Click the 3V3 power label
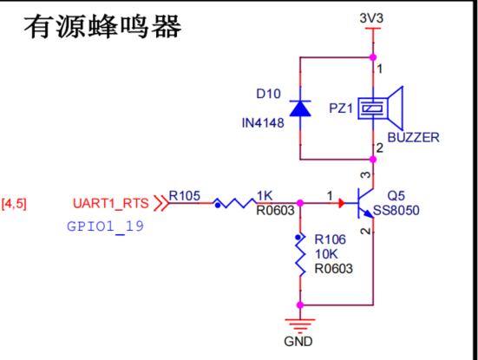[x=371, y=18]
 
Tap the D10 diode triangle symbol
[x=300, y=108]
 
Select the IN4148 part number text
[x=263, y=123]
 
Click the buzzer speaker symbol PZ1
[x=381, y=108]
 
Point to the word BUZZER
[x=414, y=137]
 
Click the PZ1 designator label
[x=341, y=108]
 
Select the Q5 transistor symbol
[x=365, y=203]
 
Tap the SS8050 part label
[x=396, y=210]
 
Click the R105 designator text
[x=185, y=196]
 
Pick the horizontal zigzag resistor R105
[x=235, y=203]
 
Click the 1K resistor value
[x=265, y=196]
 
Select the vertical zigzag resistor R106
[x=300, y=254]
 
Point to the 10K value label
[x=326, y=254]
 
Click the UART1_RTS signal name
[x=111, y=203]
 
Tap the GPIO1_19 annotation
[x=105, y=226]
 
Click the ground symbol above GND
[x=300, y=326]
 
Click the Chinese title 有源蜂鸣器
[x=102, y=27]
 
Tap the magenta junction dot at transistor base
[x=300, y=203]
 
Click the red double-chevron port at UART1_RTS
[x=161, y=203]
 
